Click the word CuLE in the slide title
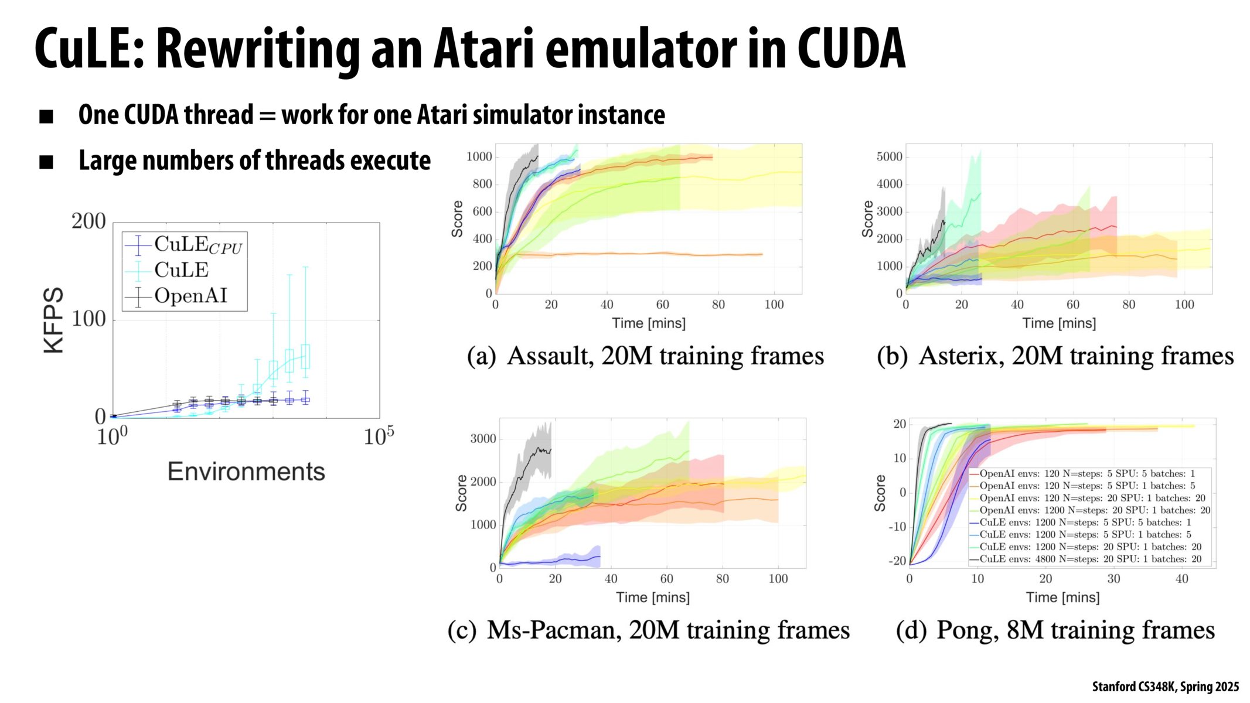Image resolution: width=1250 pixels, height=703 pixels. click(88, 50)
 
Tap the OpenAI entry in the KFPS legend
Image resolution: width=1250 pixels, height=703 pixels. click(190, 296)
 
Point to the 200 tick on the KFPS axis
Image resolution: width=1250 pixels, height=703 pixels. click(88, 221)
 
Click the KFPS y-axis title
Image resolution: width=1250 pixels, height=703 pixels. click(53, 320)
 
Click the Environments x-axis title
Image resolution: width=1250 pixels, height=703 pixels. click(246, 472)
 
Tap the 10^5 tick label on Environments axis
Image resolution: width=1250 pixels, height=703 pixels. click(379, 437)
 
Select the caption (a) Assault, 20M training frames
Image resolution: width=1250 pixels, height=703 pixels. click(645, 356)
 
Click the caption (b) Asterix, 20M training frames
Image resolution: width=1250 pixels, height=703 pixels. click(1055, 356)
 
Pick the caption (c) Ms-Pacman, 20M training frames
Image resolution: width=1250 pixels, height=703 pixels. click(648, 630)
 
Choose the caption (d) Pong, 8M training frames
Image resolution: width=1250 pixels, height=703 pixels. click(1055, 630)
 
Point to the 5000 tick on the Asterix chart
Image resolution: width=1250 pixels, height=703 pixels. click(889, 157)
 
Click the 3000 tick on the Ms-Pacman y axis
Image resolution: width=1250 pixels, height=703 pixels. click(483, 439)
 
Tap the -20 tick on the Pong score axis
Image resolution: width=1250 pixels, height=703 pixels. click(897, 561)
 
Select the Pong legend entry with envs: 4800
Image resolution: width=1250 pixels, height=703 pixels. click(1090, 559)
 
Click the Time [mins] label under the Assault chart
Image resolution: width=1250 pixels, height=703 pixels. click(648, 323)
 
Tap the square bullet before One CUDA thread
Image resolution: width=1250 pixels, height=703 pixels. click(46, 117)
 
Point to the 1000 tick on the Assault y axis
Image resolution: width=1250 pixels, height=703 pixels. click(479, 157)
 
